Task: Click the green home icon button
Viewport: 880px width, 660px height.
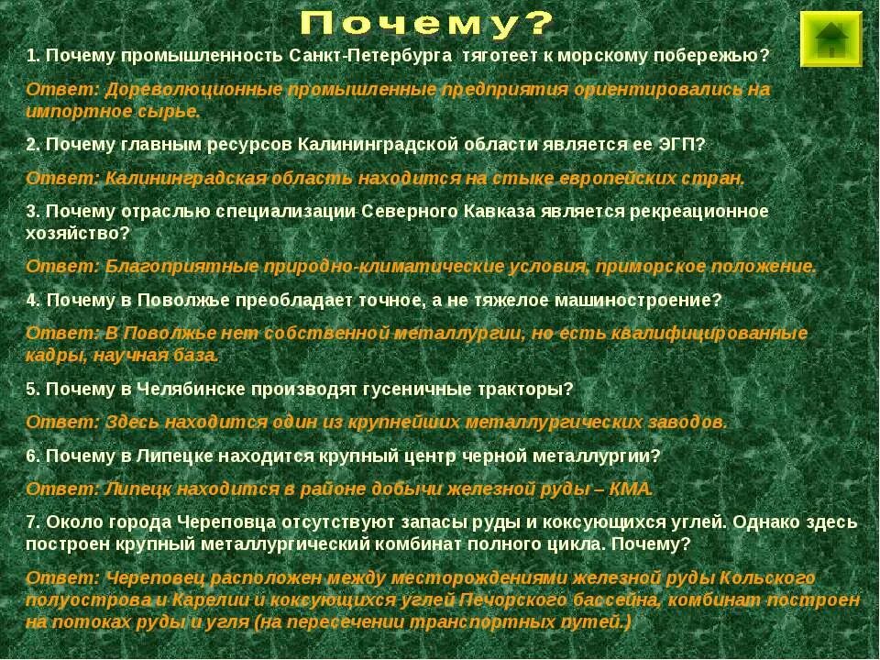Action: (x=830, y=39)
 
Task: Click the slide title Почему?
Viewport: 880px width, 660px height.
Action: (x=426, y=25)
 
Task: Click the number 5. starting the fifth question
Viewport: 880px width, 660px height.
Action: (x=33, y=389)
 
